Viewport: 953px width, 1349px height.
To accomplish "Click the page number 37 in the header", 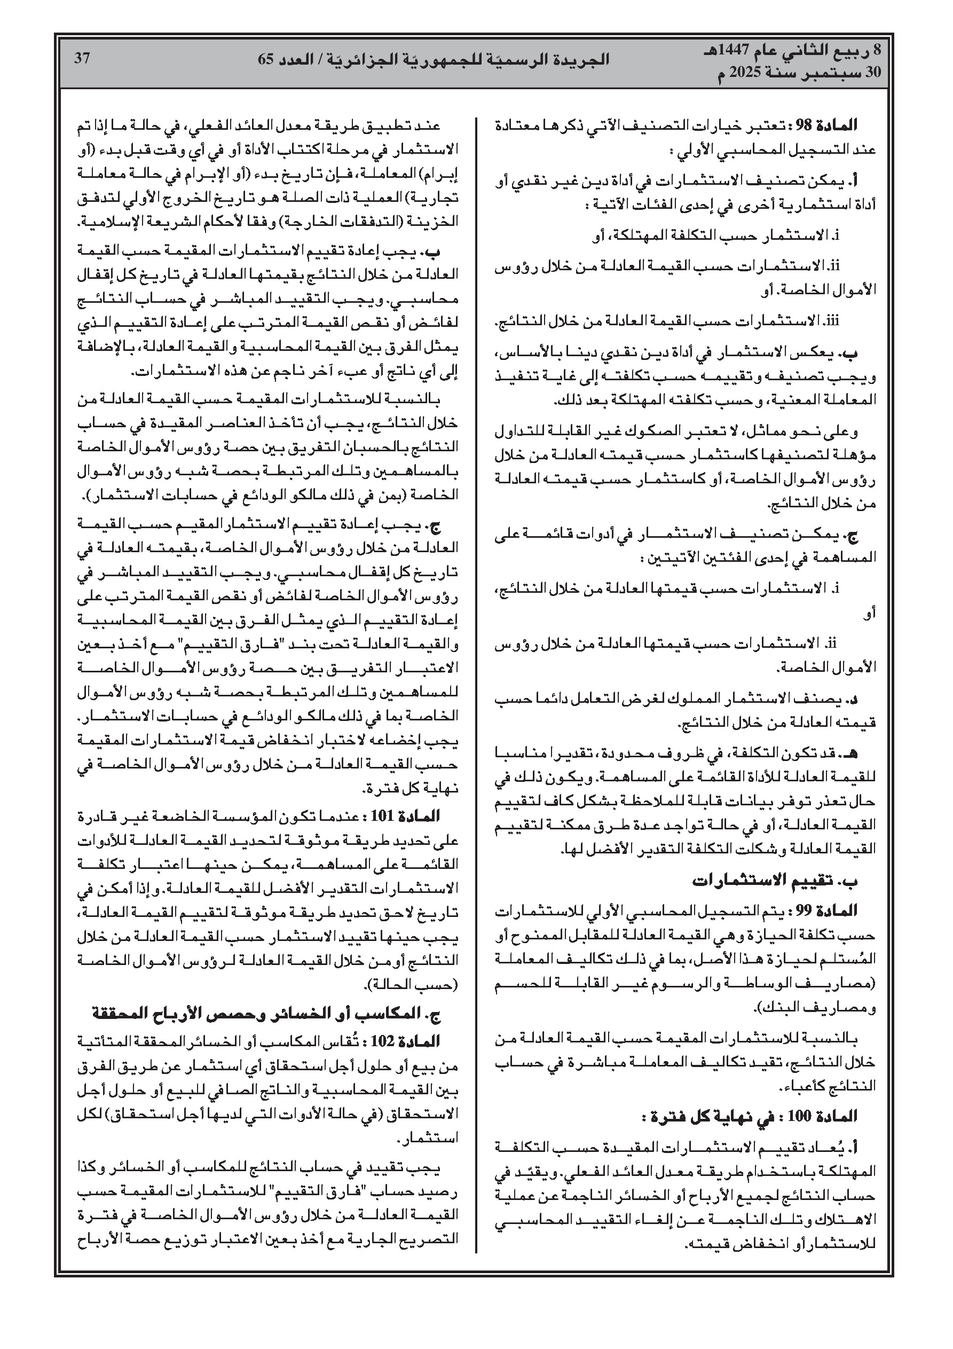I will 82,59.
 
